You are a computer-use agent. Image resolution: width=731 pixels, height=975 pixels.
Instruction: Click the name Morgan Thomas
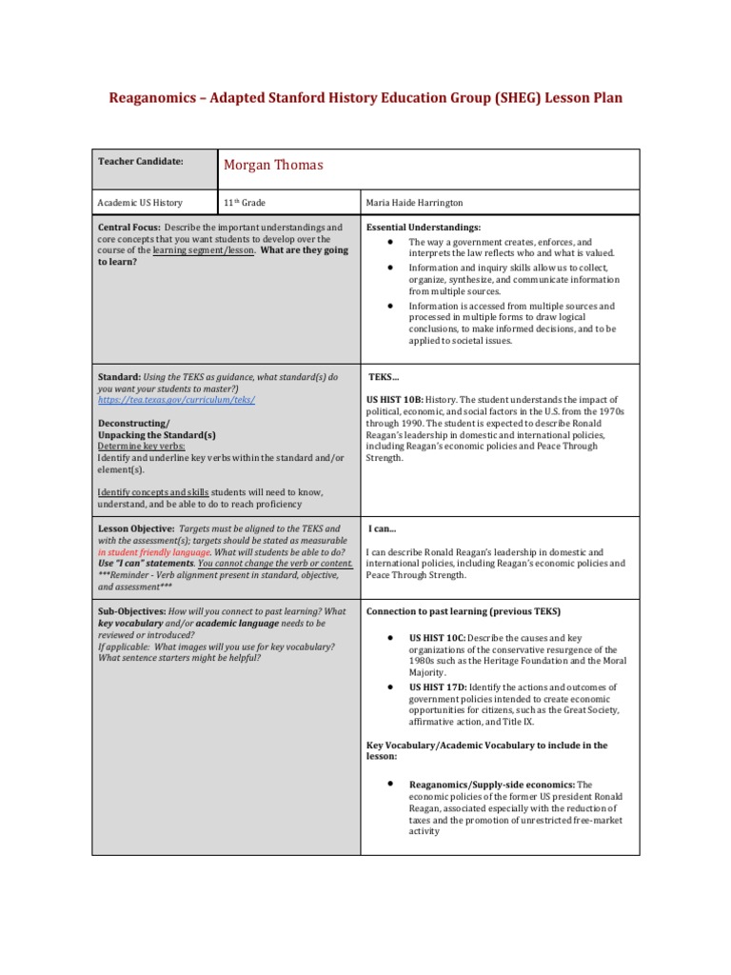(x=273, y=165)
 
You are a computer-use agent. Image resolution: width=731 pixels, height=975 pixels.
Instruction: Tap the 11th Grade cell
(x=244, y=203)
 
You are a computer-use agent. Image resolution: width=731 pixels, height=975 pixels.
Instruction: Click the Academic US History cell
(x=141, y=203)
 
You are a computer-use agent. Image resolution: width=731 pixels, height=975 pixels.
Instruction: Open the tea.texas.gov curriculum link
(x=176, y=401)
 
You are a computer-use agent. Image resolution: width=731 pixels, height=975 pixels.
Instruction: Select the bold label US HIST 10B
(x=399, y=400)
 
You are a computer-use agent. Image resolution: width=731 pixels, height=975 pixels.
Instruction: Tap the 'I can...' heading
(x=383, y=528)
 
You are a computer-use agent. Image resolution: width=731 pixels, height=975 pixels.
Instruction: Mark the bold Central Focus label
(x=128, y=229)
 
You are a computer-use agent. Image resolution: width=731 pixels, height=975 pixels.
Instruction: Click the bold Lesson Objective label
(x=136, y=528)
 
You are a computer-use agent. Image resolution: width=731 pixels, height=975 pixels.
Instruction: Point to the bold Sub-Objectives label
(x=132, y=611)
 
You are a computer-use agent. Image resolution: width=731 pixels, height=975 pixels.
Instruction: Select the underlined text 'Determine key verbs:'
(x=142, y=446)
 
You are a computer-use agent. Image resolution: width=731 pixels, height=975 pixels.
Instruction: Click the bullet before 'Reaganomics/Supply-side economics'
(x=391, y=783)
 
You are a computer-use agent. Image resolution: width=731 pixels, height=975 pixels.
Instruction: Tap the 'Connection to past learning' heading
(x=463, y=611)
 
